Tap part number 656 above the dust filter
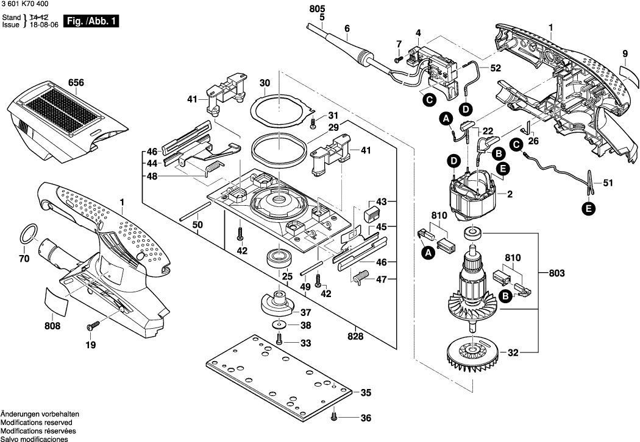[76, 83]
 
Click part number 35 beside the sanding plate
[365, 393]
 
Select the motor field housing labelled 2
[474, 195]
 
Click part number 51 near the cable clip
[608, 181]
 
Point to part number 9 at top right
[625, 54]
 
